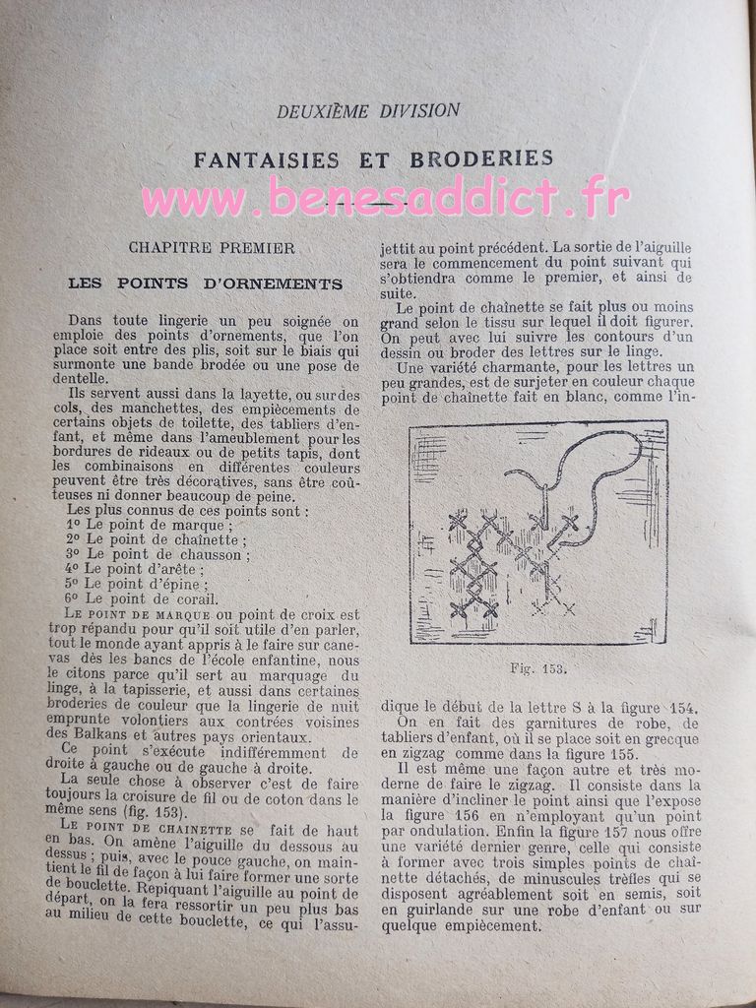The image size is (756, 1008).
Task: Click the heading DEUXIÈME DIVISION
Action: pyautogui.click(x=368, y=111)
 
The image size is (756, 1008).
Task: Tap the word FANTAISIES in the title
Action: pyautogui.click(x=266, y=159)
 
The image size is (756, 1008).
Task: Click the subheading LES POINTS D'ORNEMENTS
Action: pyautogui.click(x=205, y=284)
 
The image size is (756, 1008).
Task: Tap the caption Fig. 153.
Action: pyautogui.click(x=537, y=668)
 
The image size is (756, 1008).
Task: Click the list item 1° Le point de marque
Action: pyautogui.click(x=146, y=526)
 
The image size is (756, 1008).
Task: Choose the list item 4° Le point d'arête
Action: pyautogui.click(x=135, y=569)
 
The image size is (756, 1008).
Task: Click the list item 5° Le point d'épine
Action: pyautogui.click(x=137, y=584)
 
